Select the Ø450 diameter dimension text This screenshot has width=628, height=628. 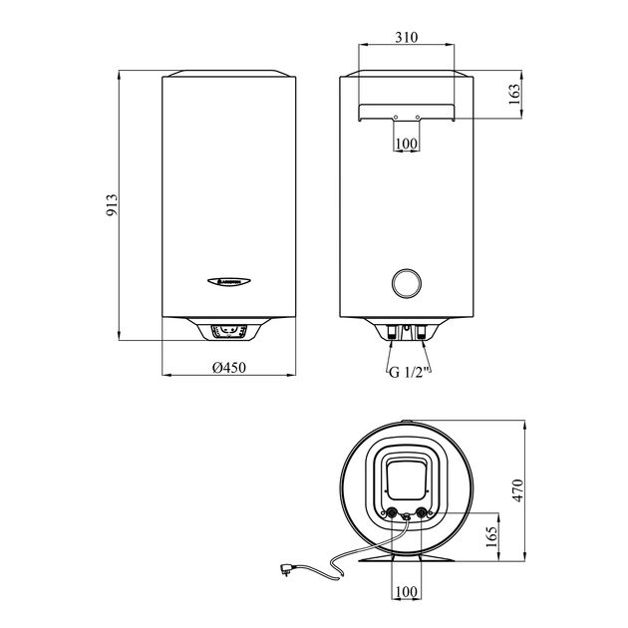[229, 368]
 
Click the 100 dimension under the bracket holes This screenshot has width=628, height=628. [406, 145]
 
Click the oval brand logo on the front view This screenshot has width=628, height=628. [230, 281]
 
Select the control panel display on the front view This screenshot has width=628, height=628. [230, 329]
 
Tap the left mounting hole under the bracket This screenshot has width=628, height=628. [395, 118]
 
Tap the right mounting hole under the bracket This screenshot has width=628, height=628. [418, 118]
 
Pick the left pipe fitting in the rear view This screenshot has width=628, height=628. [392, 333]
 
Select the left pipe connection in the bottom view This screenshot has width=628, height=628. [390, 514]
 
